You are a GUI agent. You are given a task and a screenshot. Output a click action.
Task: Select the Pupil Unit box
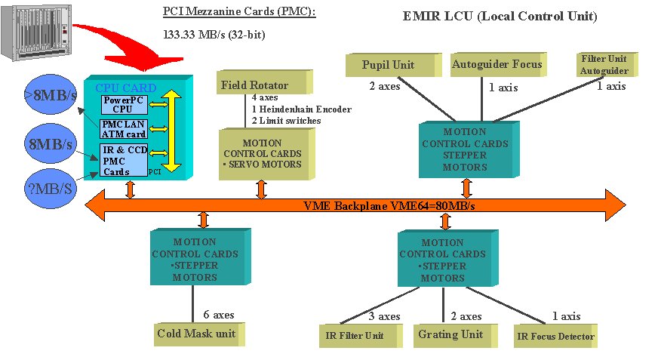click(392, 65)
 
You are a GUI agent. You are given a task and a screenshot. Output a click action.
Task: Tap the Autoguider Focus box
click(497, 64)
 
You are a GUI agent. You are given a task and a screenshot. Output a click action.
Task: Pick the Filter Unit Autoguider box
click(604, 64)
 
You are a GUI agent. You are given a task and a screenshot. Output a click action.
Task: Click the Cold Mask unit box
click(197, 333)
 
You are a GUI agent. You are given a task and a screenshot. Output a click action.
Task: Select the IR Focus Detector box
click(556, 337)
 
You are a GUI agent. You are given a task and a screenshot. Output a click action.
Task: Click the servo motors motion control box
click(263, 154)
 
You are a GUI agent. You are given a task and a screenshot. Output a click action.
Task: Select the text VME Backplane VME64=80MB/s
click(388, 205)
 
